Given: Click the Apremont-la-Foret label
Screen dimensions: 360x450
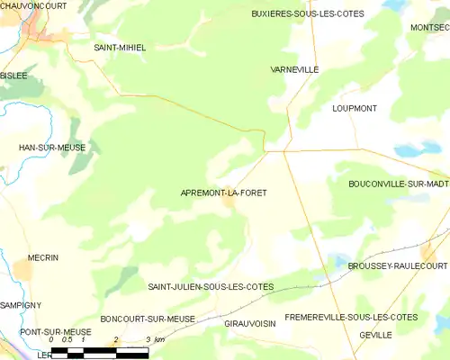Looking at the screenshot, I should [x=224, y=193].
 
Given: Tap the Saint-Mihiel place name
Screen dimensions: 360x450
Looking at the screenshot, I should [x=120, y=47].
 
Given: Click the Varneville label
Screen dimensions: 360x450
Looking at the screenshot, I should [x=294, y=69].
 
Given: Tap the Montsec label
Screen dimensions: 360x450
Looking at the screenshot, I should [x=429, y=28].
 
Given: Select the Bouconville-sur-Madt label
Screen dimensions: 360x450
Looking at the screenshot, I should [x=398, y=184].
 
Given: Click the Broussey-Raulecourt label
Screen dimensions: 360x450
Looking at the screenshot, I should [x=398, y=266].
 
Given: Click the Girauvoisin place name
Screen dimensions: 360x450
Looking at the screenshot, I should [x=248, y=322].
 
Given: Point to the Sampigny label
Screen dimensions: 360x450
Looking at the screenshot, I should [x=22, y=306].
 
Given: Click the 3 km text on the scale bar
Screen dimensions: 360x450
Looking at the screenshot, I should [x=154, y=340].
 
